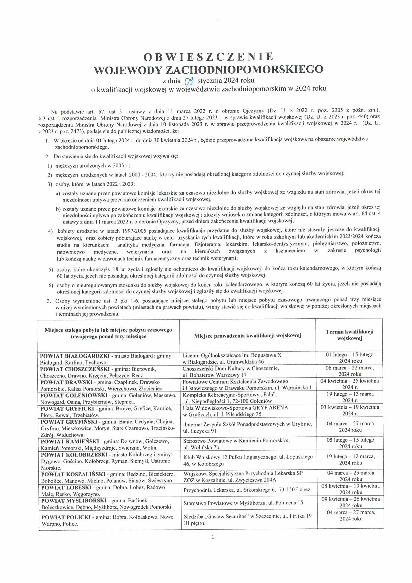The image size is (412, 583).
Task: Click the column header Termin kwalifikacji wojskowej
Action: coord(349,335)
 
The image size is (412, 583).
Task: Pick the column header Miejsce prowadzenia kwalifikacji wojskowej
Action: coord(247,335)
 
